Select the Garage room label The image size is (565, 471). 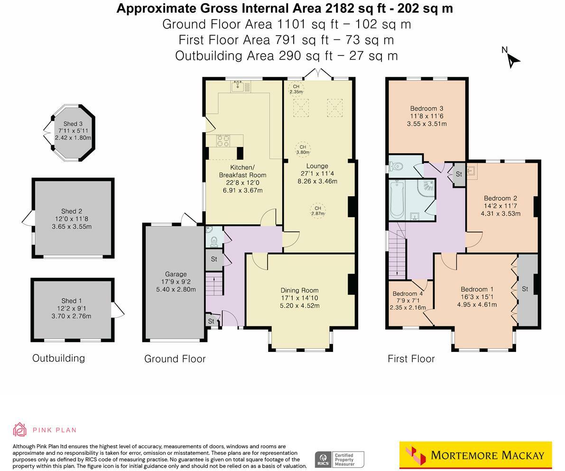[176, 274]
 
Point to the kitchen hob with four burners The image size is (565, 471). [223, 140]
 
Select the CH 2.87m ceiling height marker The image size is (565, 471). [317, 211]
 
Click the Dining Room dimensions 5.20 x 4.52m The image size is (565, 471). [299, 305]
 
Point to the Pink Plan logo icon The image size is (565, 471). [20, 430]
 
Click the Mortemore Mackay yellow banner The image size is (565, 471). [475, 455]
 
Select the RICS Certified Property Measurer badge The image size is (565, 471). [340, 459]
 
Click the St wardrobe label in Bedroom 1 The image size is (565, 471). [525, 289]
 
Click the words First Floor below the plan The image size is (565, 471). [411, 359]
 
